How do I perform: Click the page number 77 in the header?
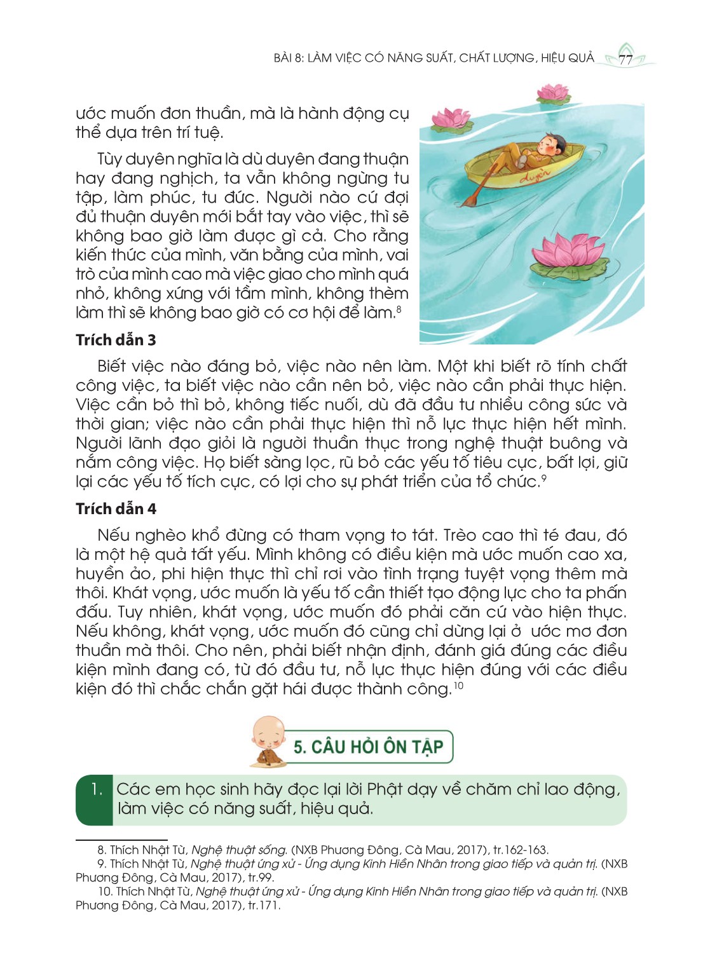point(625,60)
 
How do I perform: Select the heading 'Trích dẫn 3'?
point(116,340)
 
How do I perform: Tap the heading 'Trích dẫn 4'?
point(116,509)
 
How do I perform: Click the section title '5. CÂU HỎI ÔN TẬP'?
point(368,747)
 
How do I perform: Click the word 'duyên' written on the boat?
point(535,175)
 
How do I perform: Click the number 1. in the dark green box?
point(97,789)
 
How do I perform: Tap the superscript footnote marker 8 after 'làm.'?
point(399,309)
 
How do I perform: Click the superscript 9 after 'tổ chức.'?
point(543,478)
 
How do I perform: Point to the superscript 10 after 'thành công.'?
point(458,686)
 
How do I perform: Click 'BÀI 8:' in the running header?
point(289,58)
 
